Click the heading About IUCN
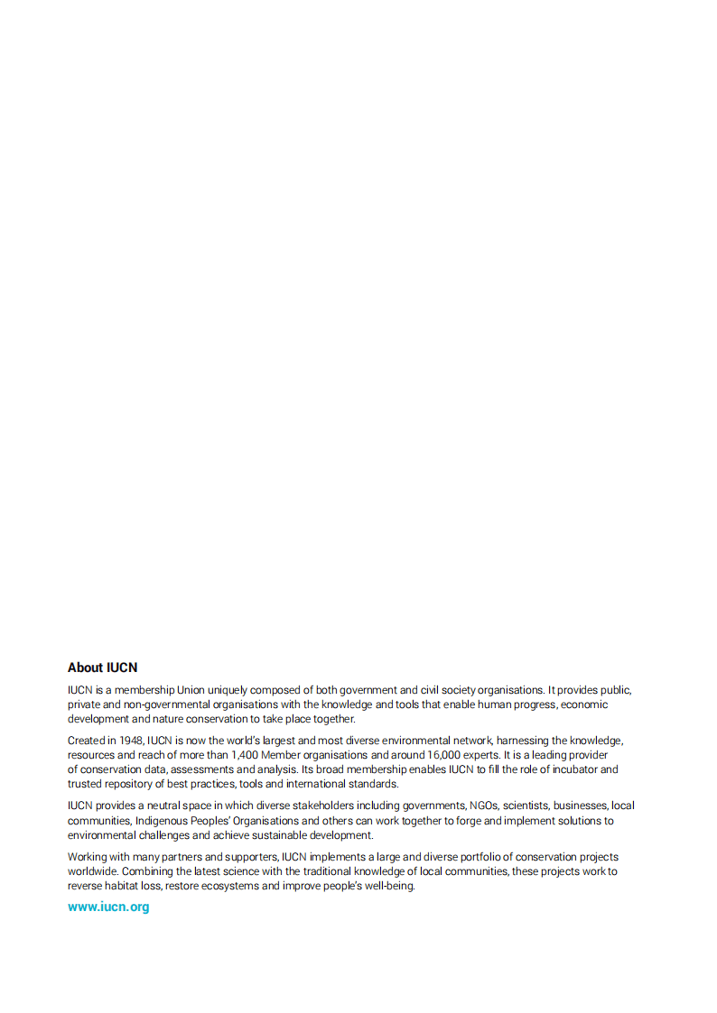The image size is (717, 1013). pyautogui.click(x=102, y=668)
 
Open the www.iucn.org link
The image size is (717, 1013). pyautogui.click(x=108, y=907)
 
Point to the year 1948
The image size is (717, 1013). pyautogui.click(x=131, y=741)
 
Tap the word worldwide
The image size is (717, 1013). pyautogui.click(x=92, y=871)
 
